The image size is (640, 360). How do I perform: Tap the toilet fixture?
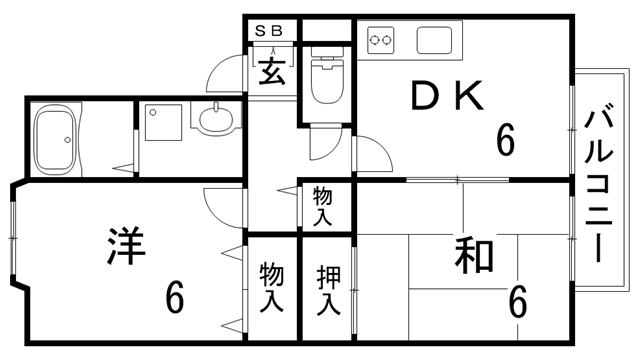pyautogui.click(x=327, y=79)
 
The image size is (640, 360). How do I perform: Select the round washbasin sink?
pyautogui.click(x=216, y=122)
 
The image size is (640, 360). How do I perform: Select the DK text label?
pyautogui.click(x=449, y=97)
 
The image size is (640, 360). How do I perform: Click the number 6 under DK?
pyautogui.click(x=506, y=141)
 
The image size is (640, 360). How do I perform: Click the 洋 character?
pyautogui.click(x=125, y=246)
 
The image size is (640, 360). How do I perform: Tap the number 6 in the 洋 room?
pyautogui.click(x=176, y=297)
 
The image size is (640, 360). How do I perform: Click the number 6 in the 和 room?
pyautogui.click(x=518, y=299)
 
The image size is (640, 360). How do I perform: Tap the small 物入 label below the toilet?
pyautogui.click(x=323, y=206)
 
